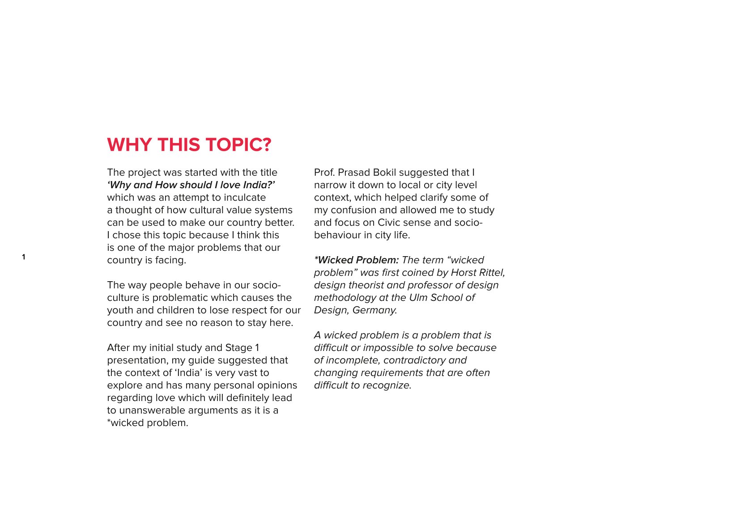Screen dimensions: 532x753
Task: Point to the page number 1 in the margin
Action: pos(24,257)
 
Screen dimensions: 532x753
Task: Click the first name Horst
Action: pos(463,273)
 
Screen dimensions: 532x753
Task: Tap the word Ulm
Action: pos(418,298)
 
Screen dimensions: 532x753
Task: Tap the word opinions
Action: pos(277,385)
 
